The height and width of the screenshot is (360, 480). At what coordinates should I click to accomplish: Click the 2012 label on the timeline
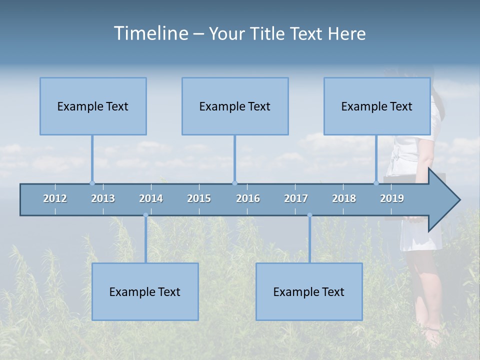coord(55,198)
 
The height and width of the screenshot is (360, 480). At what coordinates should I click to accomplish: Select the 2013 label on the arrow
coord(103,198)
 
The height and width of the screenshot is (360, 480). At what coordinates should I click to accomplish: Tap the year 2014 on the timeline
coord(151,198)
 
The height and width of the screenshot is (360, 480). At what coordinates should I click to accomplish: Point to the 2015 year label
coord(199,198)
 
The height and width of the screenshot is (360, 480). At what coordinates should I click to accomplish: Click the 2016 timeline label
coord(248,198)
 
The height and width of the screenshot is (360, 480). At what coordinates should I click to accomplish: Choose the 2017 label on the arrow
coord(296,198)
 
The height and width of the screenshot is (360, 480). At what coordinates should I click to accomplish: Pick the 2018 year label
coord(344,198)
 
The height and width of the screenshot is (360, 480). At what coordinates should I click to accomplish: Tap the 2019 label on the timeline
coord(392,198)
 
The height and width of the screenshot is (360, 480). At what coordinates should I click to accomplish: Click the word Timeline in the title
coord(150,33)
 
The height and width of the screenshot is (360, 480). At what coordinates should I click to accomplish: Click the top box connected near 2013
coord(93,106)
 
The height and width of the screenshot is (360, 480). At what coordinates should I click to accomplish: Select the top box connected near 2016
coord(235,106)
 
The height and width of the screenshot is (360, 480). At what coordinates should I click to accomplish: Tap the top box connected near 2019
coord(377,106)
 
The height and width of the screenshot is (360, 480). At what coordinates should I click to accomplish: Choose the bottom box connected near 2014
coord(145,291)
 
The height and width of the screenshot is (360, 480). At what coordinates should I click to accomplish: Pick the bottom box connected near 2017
coord(309,291)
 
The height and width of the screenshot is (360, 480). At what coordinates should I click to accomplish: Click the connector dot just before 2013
coord(92,183)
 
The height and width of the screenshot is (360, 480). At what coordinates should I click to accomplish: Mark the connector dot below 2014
coord(145,215)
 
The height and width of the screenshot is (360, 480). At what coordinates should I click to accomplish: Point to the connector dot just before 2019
coord(376,183)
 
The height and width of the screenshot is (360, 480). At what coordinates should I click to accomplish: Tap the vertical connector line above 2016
coord(234,157)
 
